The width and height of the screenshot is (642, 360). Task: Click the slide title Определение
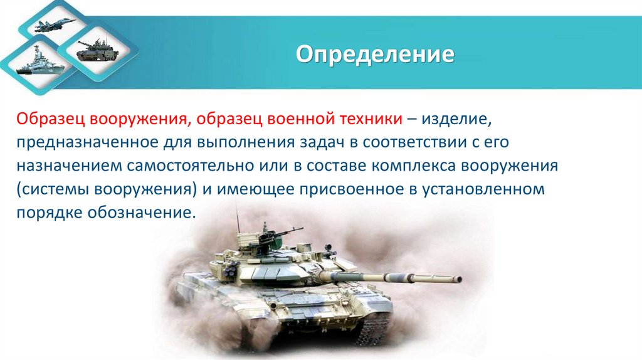(x=375, y=54)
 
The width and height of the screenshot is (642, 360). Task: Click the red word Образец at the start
(x=51, y=119)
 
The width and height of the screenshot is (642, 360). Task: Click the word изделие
(x=458, y=119)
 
